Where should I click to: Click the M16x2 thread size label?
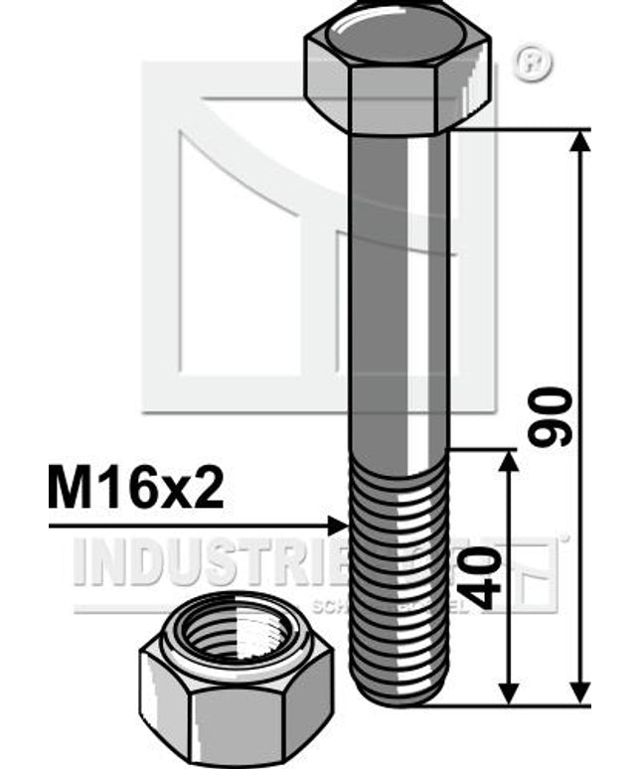pos(135,490)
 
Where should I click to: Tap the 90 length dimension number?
pos(550,416)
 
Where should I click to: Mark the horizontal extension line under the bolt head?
pos(527,130)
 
